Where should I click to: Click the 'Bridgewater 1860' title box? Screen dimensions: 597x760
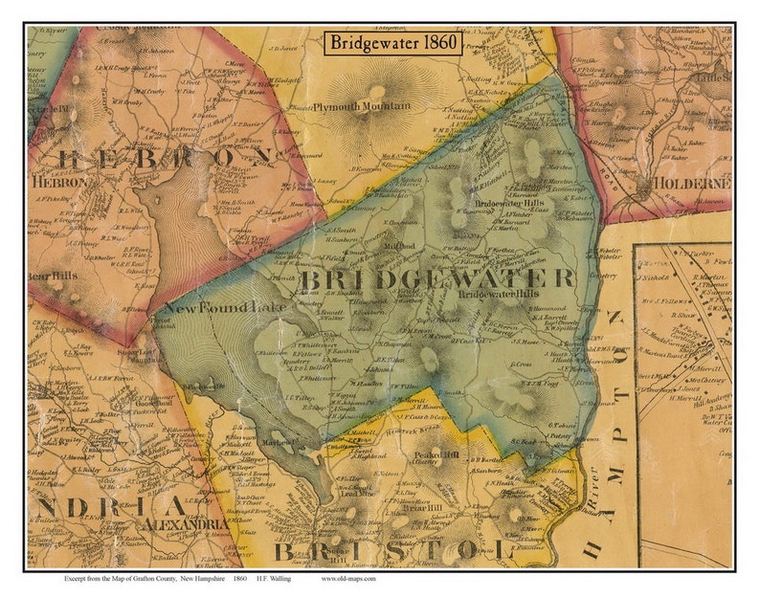click(392, 43)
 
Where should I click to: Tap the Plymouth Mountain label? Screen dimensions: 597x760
click(362, 105)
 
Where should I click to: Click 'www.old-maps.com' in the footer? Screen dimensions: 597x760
click(349, 578)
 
